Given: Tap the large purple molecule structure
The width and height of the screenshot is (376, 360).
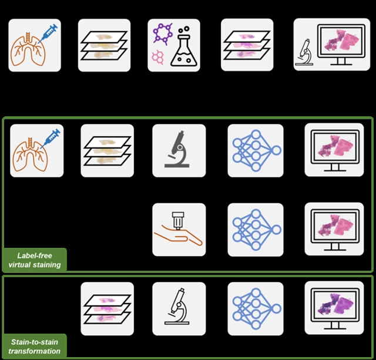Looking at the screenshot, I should (x=164, y=35).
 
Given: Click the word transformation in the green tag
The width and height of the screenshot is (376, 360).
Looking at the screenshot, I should (x=36, y=351).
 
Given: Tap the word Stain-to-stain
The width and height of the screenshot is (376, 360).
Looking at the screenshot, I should (x=36, y=342).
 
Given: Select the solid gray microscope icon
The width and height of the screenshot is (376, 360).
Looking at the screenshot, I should (x=179, y=150).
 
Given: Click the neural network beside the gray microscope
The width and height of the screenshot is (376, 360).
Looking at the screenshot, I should (x=254, y=150).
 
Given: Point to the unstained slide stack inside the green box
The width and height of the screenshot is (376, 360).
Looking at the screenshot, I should (x=107, y=150).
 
